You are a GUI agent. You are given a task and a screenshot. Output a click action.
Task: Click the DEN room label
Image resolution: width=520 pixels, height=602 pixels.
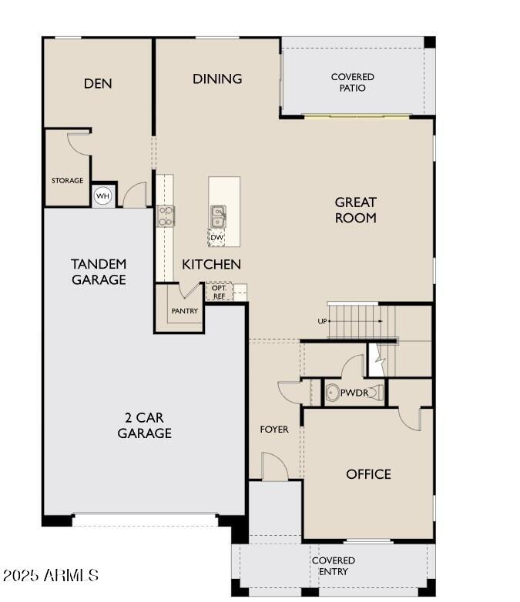[x=98, y=83]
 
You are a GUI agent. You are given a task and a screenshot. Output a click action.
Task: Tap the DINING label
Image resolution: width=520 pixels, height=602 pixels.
[x=217, y=79]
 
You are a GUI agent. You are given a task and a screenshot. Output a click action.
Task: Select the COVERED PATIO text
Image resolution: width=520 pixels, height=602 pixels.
[x=353, y=82]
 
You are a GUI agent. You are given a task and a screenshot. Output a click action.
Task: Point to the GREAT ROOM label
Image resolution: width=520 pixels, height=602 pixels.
[x=355, y=209]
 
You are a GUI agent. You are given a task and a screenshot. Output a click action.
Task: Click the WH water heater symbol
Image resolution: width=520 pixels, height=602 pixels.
[x=102, y=196]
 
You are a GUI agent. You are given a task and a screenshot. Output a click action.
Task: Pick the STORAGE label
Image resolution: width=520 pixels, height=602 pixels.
[x=68, y=181]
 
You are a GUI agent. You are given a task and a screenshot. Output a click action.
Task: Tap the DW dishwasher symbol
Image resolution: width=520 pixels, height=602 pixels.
[x=217, y=237]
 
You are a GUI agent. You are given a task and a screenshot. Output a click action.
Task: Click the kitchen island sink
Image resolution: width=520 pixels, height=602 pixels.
[x=218, y=216]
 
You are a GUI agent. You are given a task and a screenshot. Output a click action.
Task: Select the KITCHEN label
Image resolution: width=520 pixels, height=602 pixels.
[x=211, y=264]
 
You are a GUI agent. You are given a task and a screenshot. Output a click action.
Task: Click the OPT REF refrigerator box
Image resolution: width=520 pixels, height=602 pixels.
[x=219, y=292]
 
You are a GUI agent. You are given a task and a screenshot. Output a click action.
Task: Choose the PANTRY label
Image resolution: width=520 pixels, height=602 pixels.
[x=185, y=311]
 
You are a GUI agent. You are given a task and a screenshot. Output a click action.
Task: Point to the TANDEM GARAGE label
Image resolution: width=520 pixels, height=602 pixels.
[x=99, y=272]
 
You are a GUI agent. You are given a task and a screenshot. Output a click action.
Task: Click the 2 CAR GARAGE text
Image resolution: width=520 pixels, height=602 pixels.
[x=144, y=425]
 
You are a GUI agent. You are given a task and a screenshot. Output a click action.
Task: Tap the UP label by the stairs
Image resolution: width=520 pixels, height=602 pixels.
[x=322, y=321]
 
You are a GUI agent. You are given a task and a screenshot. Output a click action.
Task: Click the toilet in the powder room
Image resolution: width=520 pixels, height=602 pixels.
[x=332, y=393]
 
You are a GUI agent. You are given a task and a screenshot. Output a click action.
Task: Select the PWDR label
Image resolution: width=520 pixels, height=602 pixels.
[x=354, y=393]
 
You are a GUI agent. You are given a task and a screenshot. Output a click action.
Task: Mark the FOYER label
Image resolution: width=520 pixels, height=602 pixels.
[x=274, y=429]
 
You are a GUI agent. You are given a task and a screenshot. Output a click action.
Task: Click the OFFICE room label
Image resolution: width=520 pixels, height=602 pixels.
[x=368, y=474]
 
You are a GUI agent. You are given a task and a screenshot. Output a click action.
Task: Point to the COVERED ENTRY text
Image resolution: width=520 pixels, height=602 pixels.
[x=334, y=566]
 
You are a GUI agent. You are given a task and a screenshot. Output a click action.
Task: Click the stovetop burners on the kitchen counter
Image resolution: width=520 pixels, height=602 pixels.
[x=166, y=216]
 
